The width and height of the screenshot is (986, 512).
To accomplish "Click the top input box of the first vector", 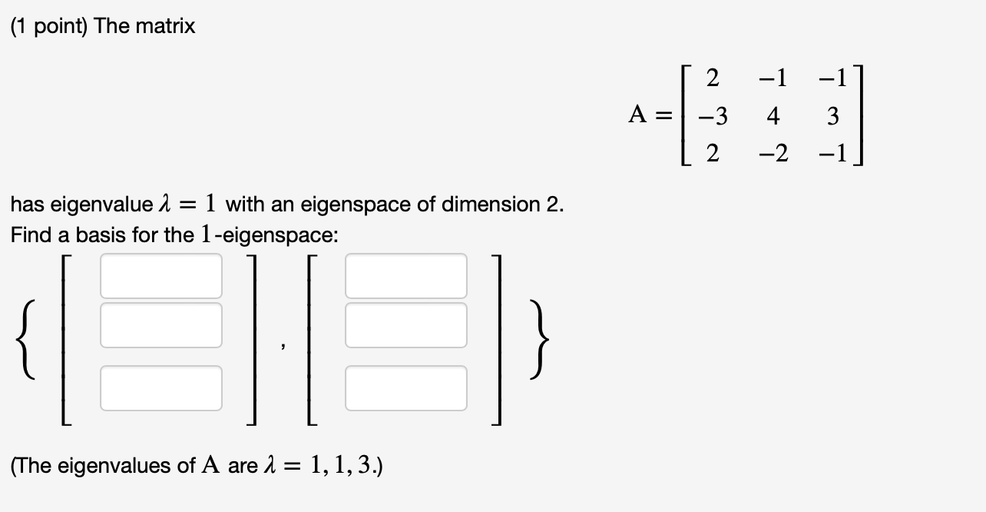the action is [x=161, y=276].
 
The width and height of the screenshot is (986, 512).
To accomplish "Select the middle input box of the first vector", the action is [x=161, y=324].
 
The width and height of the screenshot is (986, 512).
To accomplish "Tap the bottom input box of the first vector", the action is [x=161, y=388].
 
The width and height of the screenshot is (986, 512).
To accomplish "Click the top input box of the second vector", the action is [x=406, y=276].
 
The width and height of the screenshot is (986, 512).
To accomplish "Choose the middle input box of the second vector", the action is [x=406, y=324].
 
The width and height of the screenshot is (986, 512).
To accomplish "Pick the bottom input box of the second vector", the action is [x=406, y=388].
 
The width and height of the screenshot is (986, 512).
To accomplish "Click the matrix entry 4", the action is [x=773, y=117].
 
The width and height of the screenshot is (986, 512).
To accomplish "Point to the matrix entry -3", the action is [x=713, y=117].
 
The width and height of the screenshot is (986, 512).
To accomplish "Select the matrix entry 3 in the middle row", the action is [x=833, y=117].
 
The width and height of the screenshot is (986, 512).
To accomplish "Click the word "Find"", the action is [x=28, y=235].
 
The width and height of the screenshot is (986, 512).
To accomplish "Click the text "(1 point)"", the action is [x=47, y=27].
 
